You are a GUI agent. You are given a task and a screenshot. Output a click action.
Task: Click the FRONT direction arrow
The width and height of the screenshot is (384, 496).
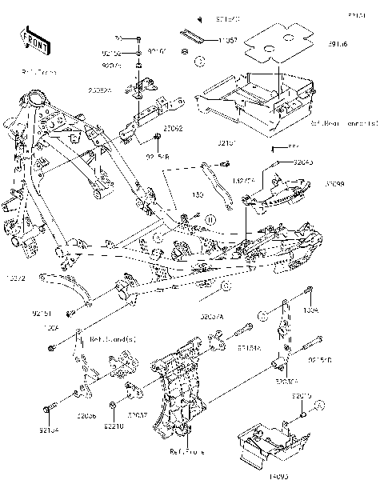[30, 39]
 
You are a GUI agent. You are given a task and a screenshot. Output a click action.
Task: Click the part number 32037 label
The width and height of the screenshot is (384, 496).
[138, 416]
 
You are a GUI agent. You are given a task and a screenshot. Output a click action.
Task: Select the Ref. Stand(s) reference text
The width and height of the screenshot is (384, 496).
[112, 339]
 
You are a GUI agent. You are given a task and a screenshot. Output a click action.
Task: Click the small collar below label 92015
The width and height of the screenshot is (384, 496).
[304, 414]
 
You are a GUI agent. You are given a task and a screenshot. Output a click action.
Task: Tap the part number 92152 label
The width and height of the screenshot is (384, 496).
[112, 53]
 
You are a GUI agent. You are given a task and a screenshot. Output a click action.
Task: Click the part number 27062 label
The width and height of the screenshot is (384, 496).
[174, 127]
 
